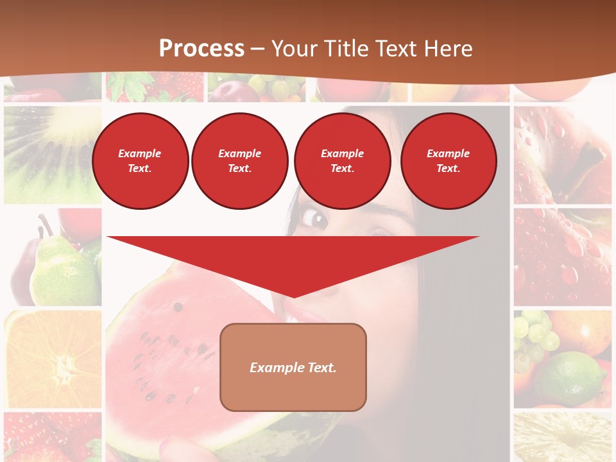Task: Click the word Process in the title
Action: pos(201,49)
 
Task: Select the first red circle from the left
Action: pos(140,160)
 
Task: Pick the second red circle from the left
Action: pos(239,160)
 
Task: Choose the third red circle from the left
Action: pos(342,160)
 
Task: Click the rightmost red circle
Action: pos(448,160)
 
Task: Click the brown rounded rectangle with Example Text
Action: pos(293,367)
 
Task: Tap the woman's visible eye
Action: pos(314,219)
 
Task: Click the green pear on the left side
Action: pos(61,273)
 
